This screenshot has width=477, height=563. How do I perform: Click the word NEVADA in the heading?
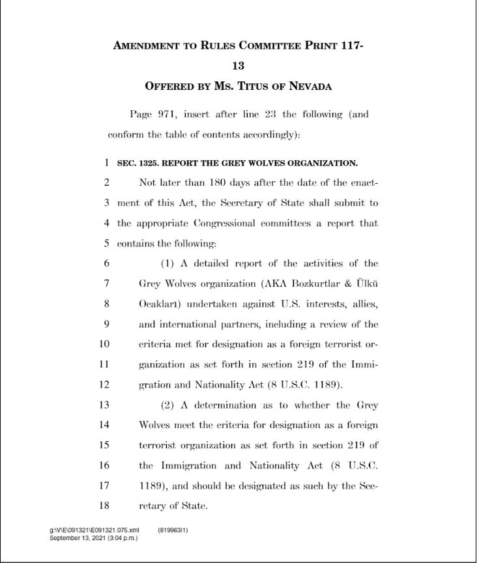[x=306, y=86]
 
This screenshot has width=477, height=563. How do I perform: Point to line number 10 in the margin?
[x=104, y=344]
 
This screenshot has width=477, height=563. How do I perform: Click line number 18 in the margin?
[x=104, y=505]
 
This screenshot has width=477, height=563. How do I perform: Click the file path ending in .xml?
[x=94, y=530]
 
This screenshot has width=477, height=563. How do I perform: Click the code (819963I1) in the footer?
[x=173, y=530]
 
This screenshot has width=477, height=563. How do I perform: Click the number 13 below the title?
[x=238, y=66]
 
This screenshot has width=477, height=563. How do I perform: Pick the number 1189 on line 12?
[x=322, y=384]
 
